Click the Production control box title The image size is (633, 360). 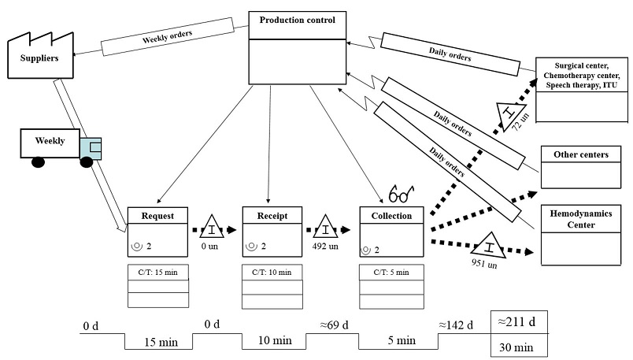[x=298, y=20]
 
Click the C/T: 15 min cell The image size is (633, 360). [x=158, y=272]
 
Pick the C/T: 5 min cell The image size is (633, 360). [x=391, y=272]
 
